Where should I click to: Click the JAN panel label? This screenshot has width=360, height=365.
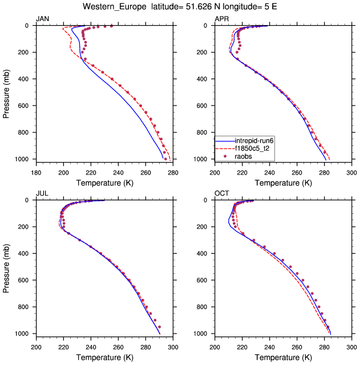[42, 19]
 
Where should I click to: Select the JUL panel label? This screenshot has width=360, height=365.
[42, 193]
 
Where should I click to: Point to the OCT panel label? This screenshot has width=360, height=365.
[221, 193]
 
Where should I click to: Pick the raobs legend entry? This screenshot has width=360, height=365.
[243, 156]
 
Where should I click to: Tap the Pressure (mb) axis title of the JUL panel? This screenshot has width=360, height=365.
[6, 267]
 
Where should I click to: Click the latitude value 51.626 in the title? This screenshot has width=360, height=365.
[191, 7]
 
